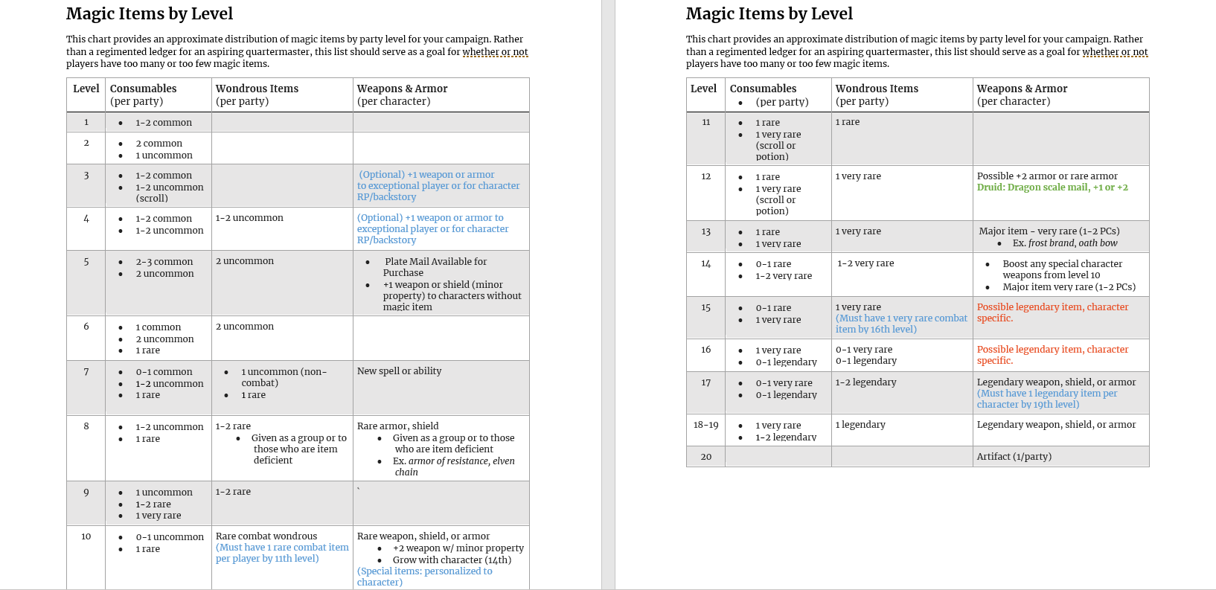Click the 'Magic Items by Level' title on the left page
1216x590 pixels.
[150, 14]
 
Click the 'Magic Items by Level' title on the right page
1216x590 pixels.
[769, 14]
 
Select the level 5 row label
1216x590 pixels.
[86, 262]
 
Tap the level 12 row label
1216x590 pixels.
[705, 176]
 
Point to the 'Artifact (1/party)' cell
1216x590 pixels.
[1014, 457]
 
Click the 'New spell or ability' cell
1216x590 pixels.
[399, 371]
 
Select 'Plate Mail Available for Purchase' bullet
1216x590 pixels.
[435, 267]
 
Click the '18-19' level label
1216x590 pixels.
[705, 425]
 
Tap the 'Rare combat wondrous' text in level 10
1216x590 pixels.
[266, 536]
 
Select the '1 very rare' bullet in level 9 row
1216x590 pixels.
[158, 516]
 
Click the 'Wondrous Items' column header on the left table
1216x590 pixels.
[257, 89]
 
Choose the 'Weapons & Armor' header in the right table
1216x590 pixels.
[1022, 89]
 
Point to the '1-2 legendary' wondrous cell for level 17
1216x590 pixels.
[865, 382]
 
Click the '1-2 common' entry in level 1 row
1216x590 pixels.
[164, 123]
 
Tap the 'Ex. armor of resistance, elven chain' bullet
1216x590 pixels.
[453, 466]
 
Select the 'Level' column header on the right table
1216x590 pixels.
[703, 89]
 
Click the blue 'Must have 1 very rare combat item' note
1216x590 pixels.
[901, 324]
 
